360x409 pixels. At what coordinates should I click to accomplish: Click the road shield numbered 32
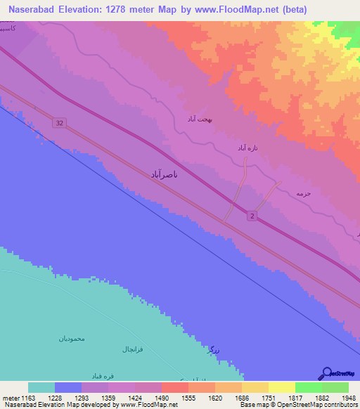[x=59, y=123]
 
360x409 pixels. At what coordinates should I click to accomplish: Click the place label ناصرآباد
[x=169, y=173]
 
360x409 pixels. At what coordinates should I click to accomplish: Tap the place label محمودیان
[x=72, y=338]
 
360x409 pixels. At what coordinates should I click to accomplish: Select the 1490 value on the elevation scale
[x=161, y=398]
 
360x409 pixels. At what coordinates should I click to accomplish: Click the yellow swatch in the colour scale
[x=281, y=387]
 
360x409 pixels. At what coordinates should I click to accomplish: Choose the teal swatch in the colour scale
[x=41, y=387]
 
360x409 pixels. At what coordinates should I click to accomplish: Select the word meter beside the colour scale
[x=11, y=398]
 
